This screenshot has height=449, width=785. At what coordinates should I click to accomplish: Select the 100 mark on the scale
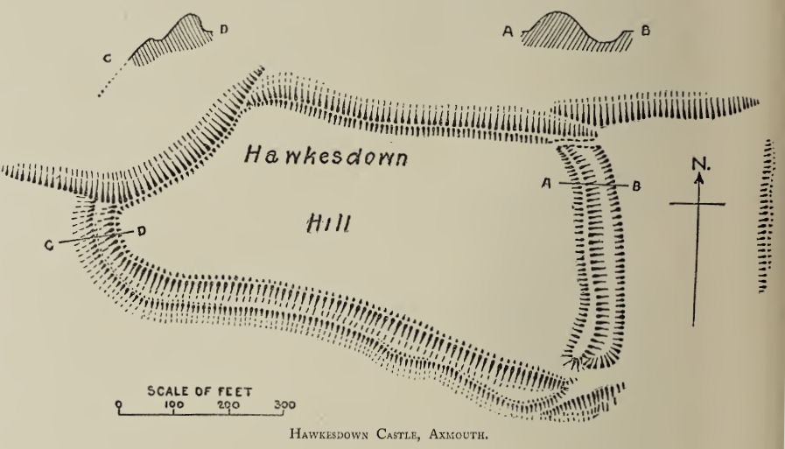point(173,405)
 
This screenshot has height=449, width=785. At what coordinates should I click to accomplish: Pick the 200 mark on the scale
point(228,405)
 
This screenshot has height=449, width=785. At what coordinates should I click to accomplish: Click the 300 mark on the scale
point(284,405)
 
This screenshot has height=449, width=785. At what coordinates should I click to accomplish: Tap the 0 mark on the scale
point(119,405)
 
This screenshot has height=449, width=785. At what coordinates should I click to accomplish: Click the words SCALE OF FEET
point(200,391)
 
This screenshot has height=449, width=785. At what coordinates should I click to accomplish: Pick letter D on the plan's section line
point(140,230)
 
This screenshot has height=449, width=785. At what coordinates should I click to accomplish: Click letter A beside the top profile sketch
point(507,32)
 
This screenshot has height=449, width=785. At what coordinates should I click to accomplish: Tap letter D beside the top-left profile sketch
point(223,30)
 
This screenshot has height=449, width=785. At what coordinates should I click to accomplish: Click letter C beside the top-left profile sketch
point(107,59)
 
